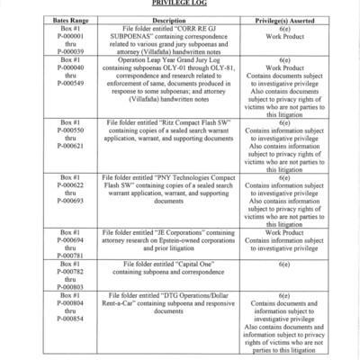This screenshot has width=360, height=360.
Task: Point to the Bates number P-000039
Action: click(x=70, y=51)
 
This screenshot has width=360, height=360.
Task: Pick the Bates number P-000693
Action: click(x=70, y=201)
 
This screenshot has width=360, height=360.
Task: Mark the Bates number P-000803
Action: click(x=70, y=287)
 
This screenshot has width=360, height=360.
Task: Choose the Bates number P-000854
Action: click(x=70, y=319)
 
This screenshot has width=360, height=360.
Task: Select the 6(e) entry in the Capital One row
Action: click(x=284, y=264)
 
